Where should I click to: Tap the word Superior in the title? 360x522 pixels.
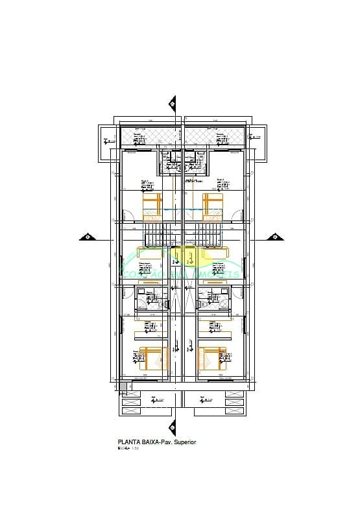pos(184,442)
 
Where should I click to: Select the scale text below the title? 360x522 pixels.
pos(128,448)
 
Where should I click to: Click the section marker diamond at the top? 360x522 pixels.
pos(173,102)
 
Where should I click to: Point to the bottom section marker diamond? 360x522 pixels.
pos(173,426)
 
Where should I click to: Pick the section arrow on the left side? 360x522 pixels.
pos(87,237)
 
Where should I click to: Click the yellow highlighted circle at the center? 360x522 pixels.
pos(191,255)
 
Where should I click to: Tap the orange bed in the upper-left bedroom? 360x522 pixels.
pos(153,206)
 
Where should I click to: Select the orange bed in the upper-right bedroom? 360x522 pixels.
pos(213,206)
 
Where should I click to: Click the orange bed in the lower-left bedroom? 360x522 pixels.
pos(153,359)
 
